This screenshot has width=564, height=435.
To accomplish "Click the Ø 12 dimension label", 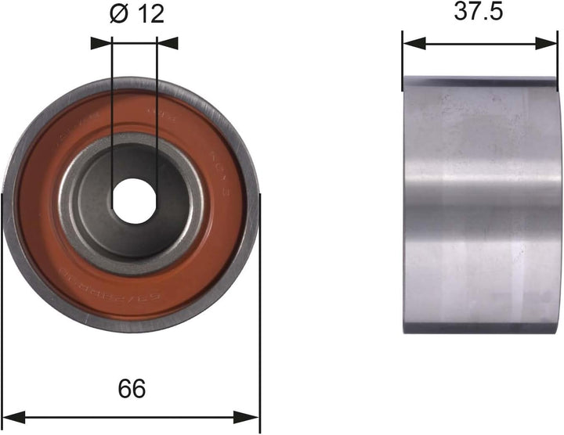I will click(x=136, y=14).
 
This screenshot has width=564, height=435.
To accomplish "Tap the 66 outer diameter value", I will click(x=131, y=387).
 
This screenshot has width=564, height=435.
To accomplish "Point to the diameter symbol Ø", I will click(x=119, y=14).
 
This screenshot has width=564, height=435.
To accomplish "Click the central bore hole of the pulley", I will click(x=131, y=199).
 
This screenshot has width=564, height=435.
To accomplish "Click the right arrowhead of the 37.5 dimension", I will click(x=549, y=44).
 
